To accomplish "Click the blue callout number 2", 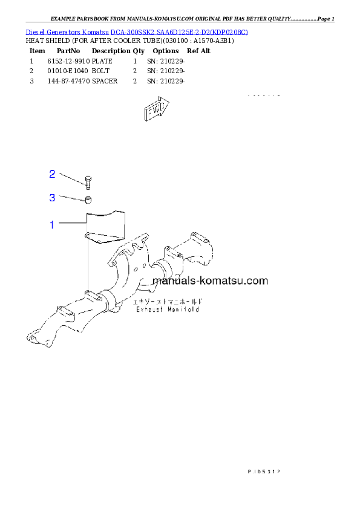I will point(52,174).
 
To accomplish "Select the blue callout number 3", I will point(52,198).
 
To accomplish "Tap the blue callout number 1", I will point(52,225).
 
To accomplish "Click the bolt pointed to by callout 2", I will point(88,181).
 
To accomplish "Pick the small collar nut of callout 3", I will point(88,200).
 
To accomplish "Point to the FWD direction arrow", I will point(156,109).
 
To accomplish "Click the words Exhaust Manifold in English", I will point(168,309).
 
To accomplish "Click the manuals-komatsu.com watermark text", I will point(210,280).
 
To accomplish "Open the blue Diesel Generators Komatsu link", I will point(137,31).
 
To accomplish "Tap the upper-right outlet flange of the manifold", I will point(202,245).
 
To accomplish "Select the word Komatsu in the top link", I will point(96,31).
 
